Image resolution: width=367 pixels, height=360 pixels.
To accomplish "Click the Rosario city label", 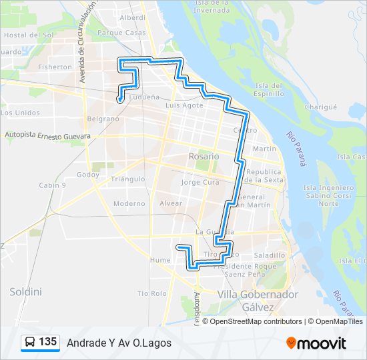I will [x=203, y=155].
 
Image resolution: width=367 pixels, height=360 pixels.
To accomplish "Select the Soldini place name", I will [x=25, y=291].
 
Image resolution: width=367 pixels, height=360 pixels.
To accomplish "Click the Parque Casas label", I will [x=121, y=32].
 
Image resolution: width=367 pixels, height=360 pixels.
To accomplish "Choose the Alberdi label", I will [x=132, y=17].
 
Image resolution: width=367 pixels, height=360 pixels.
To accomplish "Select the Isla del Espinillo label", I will [x=270, y=89].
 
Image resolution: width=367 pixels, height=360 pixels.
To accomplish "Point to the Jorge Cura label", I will [x=200, y=182].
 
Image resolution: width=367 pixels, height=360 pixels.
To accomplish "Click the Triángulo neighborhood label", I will [x=127, y=179].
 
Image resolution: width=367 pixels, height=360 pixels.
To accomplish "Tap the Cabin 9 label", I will [x=52, y=185].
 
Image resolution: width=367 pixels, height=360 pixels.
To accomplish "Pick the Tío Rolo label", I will [x=151, y=293].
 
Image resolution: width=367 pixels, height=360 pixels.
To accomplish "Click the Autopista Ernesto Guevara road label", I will [x=47, y=135].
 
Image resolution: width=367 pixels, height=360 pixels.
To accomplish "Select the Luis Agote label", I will [x=183, y=105].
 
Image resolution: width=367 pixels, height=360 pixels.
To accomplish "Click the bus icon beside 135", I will [x=30, y=342].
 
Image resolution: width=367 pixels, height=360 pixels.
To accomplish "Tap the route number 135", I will [x=47, y=342].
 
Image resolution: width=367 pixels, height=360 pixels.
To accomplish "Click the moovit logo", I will [x=316, y=343].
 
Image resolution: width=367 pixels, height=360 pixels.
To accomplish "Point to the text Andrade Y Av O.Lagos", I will [x=119, y=343].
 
